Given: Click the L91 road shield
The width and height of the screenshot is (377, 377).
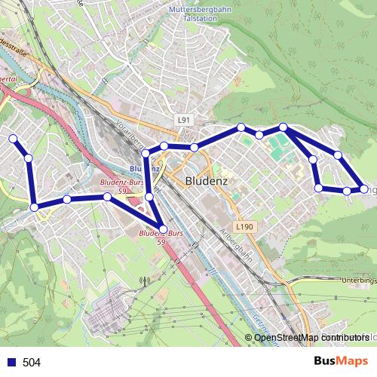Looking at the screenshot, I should pos(185,120).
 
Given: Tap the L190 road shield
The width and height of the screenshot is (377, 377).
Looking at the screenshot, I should pos(243,226).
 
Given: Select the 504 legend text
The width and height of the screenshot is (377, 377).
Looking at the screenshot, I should pos(32,363).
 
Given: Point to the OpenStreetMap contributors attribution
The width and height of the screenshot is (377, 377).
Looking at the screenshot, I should pos(311,337).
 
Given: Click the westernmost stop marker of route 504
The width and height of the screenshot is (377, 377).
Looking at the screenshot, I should pos(13,139).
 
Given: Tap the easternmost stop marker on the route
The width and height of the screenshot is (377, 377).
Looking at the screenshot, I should pos(363,189).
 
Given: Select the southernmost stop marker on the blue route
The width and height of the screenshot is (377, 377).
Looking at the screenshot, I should pos(164,229).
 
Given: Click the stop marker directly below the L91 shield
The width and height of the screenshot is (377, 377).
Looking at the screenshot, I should pos(194,146).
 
